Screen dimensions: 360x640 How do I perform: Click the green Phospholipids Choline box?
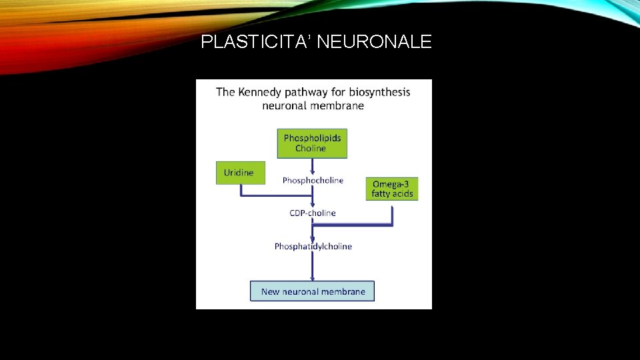click(312, 143)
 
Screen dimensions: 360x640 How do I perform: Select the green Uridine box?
click(239, 173)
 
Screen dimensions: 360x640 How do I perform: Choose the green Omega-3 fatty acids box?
click(392, 189)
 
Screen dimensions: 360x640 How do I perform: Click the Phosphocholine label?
click(313, 180)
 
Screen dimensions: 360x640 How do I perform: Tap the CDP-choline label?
click(313, 213)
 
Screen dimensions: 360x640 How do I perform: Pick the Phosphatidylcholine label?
click(313, 247)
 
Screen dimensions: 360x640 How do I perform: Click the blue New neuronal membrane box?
click(312, 291)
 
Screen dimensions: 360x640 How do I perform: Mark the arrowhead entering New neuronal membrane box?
click(312, 278)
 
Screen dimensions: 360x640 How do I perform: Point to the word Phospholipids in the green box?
click(312, 138)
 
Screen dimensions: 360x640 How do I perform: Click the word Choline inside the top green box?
click(311, 149)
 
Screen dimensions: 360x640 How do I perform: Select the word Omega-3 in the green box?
click(392, 184)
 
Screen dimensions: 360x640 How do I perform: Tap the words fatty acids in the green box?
click(392, 194)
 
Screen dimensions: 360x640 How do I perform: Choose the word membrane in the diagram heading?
click(340, 105)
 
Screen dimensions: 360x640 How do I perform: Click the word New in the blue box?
click(270, 291)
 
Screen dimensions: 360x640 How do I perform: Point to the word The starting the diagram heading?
click(225, 92)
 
